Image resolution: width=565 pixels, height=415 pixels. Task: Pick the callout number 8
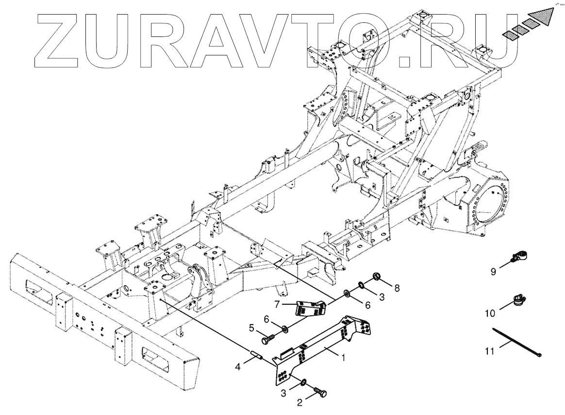pyautogui.click(x=397, y=288)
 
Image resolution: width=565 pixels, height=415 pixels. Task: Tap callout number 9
pyautogui.click(x=493, y=271)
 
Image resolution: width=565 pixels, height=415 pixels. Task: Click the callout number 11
pyautogui.click(x=491, y=350)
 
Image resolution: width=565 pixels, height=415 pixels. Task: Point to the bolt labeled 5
pyautogui.click(x=270, y=335)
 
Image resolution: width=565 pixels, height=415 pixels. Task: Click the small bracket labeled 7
pyautogui.click(x=311, y=308)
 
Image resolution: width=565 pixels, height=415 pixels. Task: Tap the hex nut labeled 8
pyautogui.click(x=377, y=278)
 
